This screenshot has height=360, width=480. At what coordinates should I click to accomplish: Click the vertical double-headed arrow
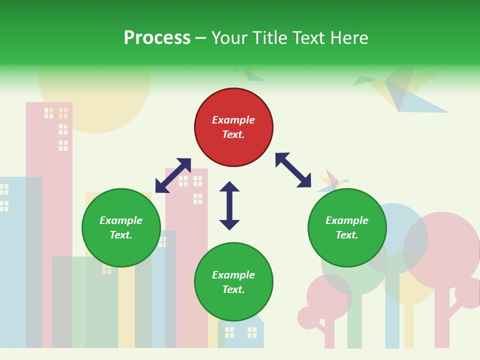point(229,205)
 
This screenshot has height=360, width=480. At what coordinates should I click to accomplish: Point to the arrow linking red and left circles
point(173,175)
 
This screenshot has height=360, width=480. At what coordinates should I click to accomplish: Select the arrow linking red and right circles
point(293,170)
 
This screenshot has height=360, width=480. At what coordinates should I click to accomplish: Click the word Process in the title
point(157,38)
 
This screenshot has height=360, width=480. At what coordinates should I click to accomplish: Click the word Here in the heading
point(349,38)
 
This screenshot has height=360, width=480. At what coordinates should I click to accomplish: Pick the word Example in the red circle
point(233,120)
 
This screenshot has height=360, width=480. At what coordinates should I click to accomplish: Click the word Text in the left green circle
point(121,235)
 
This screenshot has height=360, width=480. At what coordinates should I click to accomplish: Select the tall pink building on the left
point(49,150)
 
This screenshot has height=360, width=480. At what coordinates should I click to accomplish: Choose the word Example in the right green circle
point(347,220)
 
